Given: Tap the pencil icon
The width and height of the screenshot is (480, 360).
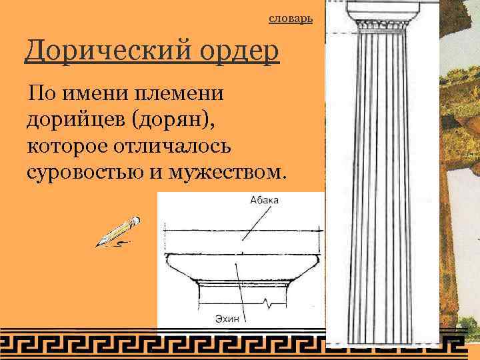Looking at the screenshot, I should coord(118,231).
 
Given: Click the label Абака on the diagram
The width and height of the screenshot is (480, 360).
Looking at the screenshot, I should coord(265,200).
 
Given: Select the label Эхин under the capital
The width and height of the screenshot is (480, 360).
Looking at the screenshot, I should coord(226,319).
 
